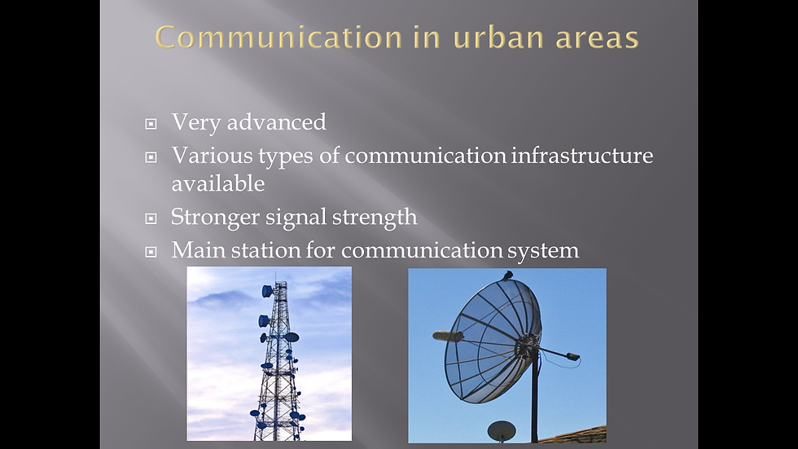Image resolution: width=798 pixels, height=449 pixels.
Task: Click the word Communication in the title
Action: (x=278, y=37)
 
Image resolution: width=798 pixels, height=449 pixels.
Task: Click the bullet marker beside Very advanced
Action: (x=151, y=124)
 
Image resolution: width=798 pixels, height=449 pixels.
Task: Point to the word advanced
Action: (x=276, y=122)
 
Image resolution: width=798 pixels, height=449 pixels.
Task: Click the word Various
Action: (x=212, y=156)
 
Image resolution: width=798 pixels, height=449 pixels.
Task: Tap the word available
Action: (x=218, y=183)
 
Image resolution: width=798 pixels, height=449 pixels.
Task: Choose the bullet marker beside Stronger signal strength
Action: (x=151, y=218)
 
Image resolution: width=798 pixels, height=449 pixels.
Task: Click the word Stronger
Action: (x=215, y=218)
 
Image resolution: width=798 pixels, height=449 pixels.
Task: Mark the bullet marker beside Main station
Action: (x=151, y=252)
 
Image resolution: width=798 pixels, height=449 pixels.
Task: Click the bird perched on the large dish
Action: (x=506, y=276)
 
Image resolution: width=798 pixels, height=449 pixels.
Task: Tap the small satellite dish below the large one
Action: (x=502, y=431)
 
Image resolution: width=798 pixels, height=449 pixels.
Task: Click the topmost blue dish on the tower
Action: (x=267, y=291)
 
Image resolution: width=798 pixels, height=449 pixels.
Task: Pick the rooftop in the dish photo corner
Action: (x=575, y=435)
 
